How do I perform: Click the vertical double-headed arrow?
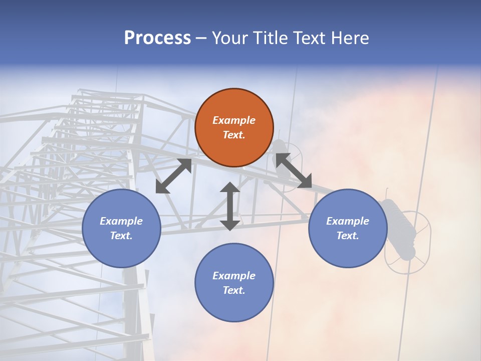(230, 206)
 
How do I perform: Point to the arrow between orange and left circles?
(173, 176)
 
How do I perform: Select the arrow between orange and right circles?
(293, 170)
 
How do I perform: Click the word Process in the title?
(157, 38)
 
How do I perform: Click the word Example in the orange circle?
(234, 120)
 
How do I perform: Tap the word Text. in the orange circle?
(234, 135)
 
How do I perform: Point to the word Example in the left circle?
(121, 221)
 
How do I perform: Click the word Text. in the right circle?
(348, 236)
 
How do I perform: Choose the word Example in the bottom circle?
(234, 276)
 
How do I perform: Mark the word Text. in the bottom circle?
(234, 290)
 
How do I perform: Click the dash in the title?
(201, 38)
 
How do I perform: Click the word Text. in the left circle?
(121, 236)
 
